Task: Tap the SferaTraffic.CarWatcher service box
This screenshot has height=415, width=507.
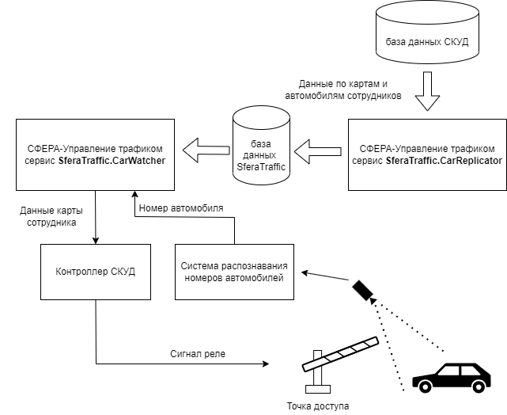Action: pos(95,154)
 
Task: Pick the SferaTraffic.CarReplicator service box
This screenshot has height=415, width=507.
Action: pos(426,154)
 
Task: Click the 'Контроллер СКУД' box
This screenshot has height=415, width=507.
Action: pos(95,272)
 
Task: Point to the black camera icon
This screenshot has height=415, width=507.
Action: pos(364,291)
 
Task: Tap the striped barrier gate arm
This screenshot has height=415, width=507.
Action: pos(341,353)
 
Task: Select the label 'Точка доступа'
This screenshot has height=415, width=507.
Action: pos(317,405)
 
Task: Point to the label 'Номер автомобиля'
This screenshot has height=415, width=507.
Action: pos(180,208)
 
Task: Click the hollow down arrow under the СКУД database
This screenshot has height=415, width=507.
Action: pos(426,93)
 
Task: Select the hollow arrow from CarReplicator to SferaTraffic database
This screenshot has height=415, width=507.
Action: pos(317,149)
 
